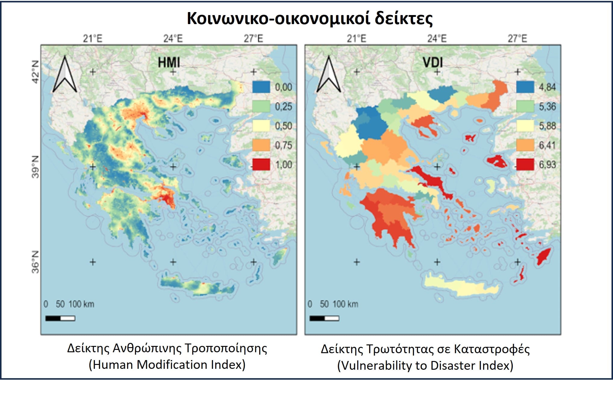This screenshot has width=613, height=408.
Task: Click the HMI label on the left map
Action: click(169, 63)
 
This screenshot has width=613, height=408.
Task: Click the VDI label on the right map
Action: click(433, 63)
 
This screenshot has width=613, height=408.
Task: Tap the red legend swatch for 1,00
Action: click(261, 165)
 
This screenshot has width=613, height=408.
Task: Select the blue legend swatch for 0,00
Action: click(261, 87)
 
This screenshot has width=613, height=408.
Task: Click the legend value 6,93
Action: click(547, 165)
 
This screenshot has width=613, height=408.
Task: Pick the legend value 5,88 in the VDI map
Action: click(547, 126)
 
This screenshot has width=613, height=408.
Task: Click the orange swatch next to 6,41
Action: click(525, 145)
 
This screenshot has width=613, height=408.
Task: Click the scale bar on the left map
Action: click(60, 318)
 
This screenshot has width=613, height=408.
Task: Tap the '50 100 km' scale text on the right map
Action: click(339, 304)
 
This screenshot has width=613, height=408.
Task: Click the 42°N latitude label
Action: click(36, 72)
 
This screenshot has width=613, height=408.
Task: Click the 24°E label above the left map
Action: click(173, 39)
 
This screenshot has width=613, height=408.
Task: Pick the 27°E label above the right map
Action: click(517, 39)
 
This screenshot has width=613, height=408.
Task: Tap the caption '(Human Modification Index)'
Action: click(167, 365)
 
